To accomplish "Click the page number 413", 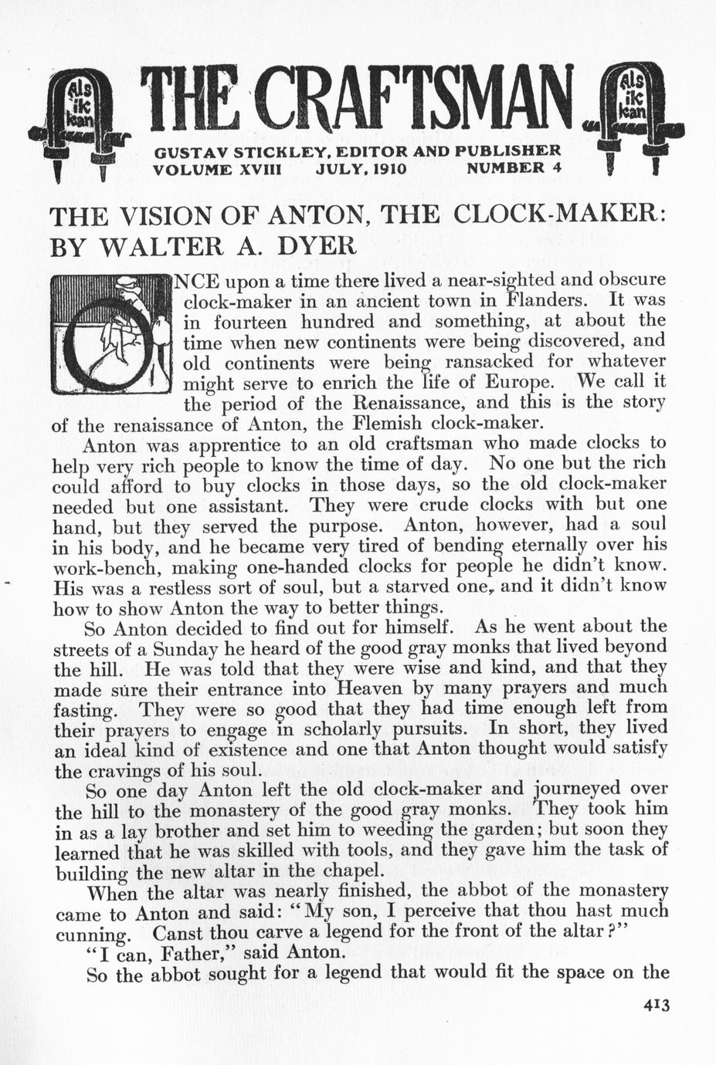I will [653, 1005].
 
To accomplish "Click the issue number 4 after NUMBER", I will [556, 167].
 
